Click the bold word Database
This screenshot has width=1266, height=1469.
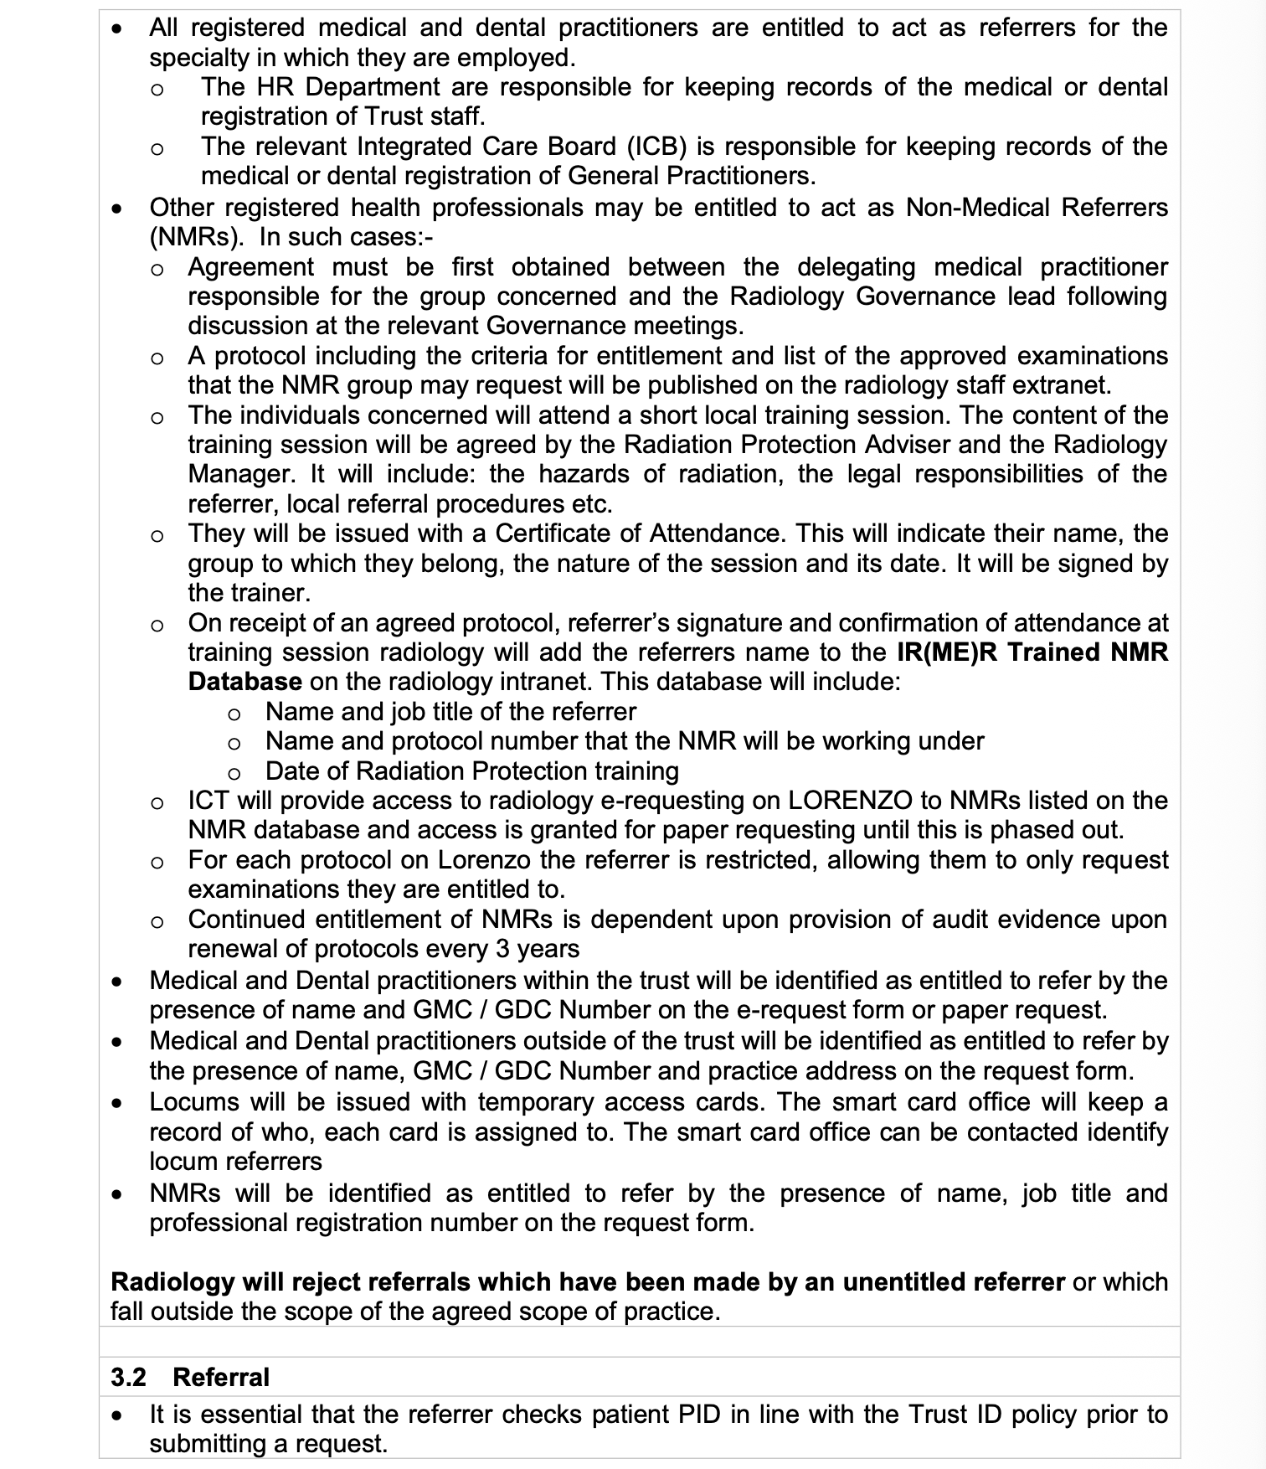(245, 682)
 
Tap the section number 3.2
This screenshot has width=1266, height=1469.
(128, 1378)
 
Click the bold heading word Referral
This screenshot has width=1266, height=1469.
(221, 1378)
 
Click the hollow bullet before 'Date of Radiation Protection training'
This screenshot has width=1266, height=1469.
(234, 772)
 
